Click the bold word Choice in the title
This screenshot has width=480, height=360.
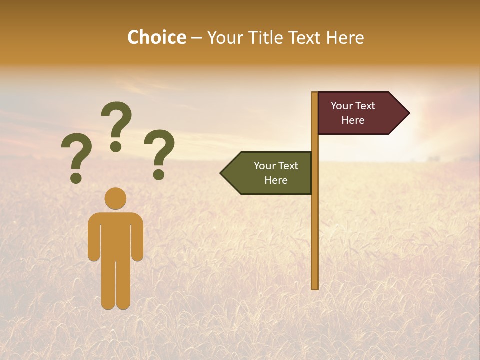click(x=156, y=38)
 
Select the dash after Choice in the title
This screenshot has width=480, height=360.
click(x=196, y=38)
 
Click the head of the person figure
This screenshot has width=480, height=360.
click(x=115, y=198)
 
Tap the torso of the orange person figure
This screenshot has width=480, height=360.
click(x=115, y=235)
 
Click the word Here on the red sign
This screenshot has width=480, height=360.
click(x=353, y=120)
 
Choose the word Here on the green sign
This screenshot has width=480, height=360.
click(x=276, y=180)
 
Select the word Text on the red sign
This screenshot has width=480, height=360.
click(x=366, y=106)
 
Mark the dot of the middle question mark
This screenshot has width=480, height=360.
click(x=116, y=146)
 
